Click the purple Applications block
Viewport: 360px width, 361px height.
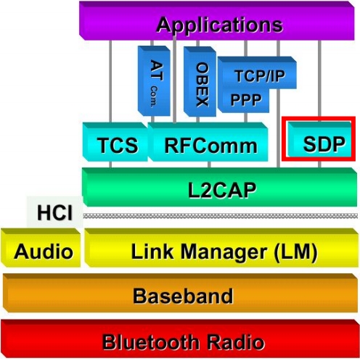click(x=217, y=20)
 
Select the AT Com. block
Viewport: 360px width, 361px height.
click(x=154, y=81)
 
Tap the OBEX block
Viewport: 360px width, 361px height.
click(x=200, y=81)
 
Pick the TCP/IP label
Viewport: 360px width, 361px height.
click(x=260, y=76)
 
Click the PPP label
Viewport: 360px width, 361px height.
click(x=246, y=99)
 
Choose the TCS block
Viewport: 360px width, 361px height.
click(x=115, y=142)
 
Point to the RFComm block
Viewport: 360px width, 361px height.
click(x=208, y=142)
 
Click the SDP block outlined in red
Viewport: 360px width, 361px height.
click(x=319, y=138)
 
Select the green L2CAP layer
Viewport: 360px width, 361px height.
click(x=219, y=187)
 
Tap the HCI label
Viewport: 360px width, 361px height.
click(x=55, y=212)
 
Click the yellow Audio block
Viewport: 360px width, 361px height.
click(x=41, y=248)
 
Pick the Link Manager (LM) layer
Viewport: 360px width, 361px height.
click(x=221, y=248)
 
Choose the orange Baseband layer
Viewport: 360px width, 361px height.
click(x=180, y=293)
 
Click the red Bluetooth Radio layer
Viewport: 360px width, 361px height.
click(x=180, y=339)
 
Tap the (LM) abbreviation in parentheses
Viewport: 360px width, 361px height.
click(x=295, y=252)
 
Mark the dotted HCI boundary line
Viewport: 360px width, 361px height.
click(x=221, y=216)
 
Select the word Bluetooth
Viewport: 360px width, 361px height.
click(x=151, y=342)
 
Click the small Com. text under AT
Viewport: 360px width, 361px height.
click(x=154, y=96)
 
